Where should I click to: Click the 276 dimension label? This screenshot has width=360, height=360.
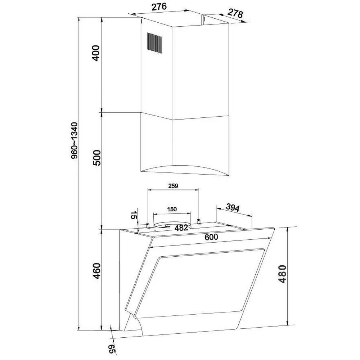tap(159, 6)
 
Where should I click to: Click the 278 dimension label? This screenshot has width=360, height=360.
tap(235, 14)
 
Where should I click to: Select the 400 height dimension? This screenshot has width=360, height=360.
tap(96, 53)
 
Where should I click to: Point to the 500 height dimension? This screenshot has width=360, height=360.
tap(96, 158)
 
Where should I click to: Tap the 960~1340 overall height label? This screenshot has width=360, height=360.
tap(75, 140)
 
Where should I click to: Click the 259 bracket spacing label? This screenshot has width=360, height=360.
tap(173, 186)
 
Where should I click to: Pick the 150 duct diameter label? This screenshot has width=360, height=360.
tap(172, 209)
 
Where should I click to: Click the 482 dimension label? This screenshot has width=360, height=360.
tap(181, 228)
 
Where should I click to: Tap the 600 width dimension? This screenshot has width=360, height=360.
tap(211, 237)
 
